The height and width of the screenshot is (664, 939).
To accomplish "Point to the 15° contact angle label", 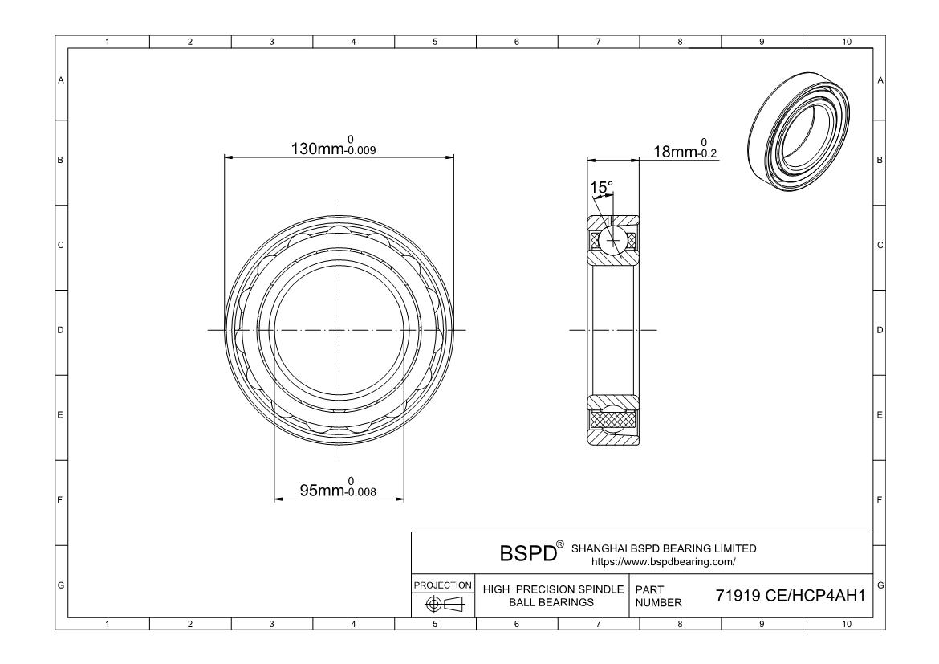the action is point(601,188).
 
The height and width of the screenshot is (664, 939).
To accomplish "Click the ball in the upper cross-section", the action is point(614,241).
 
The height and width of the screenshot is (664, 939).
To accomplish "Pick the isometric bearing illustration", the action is point(799,132).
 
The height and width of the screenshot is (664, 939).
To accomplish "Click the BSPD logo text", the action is point(528,553).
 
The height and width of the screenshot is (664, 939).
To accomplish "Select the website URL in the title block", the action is point(664,562).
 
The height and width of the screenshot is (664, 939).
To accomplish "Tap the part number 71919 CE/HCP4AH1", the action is point(791,596).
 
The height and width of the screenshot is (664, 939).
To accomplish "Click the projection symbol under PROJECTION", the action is point(444,604).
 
